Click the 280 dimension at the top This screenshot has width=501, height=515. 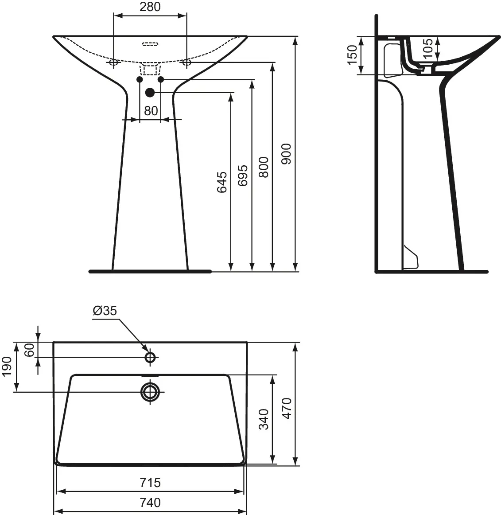coord(151,7)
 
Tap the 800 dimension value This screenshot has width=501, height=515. coord(264,167)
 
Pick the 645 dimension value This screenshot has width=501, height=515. coord(221,182)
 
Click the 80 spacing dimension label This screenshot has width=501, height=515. coord(151,110)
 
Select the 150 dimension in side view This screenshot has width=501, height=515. coord(352,55)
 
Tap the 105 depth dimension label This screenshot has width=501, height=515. coord(427,46)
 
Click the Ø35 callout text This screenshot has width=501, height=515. coord(105,311)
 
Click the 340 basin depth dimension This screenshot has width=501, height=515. coord(264,419)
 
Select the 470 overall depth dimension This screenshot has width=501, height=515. coord(287,408)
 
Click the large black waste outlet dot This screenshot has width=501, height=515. coord(150,92)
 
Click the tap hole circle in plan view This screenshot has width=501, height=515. coord(150,357)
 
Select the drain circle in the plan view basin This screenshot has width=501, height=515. coord(150,391)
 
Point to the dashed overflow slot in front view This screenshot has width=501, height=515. coord(150,44)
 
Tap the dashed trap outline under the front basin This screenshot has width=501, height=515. coord(150,69)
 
